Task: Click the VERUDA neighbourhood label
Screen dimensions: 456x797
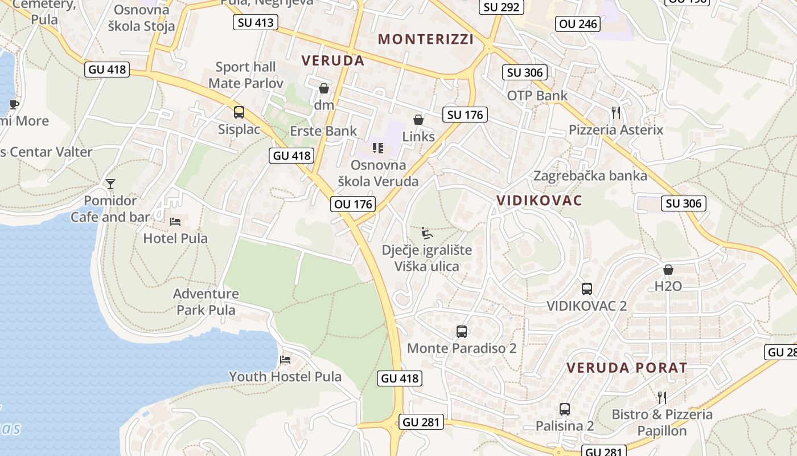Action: [x=332, y=60]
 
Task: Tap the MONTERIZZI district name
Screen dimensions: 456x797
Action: [x=426, y=39]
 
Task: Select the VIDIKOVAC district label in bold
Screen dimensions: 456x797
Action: [x=539, y=200]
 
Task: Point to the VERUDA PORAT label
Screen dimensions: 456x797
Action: [x=627, y=368]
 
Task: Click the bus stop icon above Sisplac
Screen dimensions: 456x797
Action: [x=239, y=112]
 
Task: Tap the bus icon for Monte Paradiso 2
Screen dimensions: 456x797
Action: [x=462, y=331]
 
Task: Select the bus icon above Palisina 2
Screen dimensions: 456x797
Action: [x=565, y=409]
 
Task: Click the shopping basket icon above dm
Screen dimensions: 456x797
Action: [x=324, y=88]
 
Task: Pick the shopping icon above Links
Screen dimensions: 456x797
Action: [x=418, y=120]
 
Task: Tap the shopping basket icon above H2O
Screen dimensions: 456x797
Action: [x=668, y=269]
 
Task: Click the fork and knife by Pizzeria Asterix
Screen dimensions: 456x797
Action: [x=615, y=112]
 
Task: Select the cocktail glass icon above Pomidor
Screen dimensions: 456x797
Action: [x=110, y=184]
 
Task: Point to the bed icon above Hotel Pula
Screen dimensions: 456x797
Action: [x=175, y=221]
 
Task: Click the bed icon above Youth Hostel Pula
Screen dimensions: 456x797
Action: [x=285, y=359]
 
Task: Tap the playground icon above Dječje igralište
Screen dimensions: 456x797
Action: [x=426, y=233]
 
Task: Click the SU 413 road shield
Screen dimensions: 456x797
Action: [x=256, y=23]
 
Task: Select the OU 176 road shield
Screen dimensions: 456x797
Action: [x=353, y=203]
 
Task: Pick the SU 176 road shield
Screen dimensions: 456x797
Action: [x=465, y=115]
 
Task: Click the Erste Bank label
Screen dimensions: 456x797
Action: [x=323, y=131]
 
